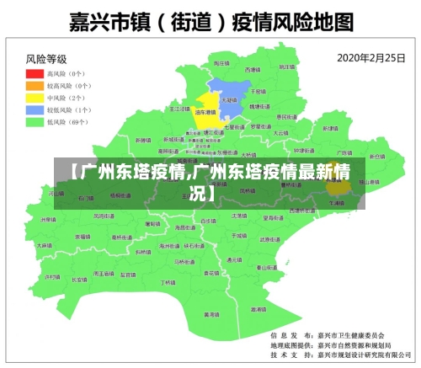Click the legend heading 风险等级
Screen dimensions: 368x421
point(46,59)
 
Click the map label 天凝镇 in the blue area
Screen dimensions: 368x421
point(228,99)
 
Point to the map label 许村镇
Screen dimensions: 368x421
point(53,277)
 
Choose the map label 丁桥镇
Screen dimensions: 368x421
point(168,283)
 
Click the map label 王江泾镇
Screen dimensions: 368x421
point(180,109)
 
